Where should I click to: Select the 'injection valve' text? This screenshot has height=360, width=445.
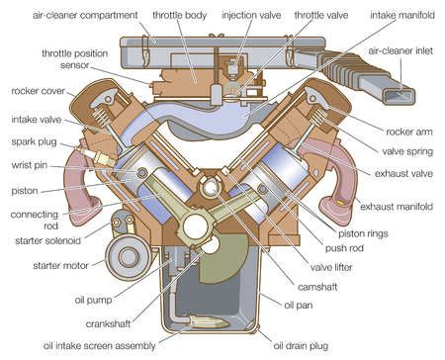click(252, 17)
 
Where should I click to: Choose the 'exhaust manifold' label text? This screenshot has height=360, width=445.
click(399, 209)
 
